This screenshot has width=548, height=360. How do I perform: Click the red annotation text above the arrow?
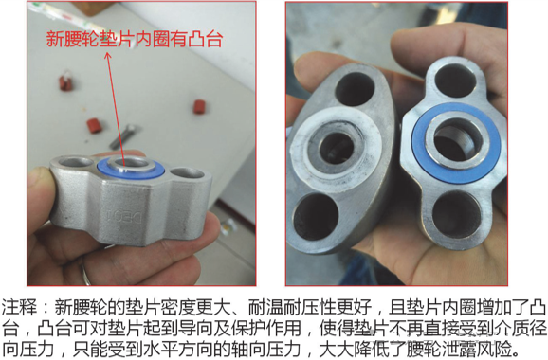[138, 39]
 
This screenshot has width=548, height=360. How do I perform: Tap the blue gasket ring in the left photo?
[129, 169]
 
